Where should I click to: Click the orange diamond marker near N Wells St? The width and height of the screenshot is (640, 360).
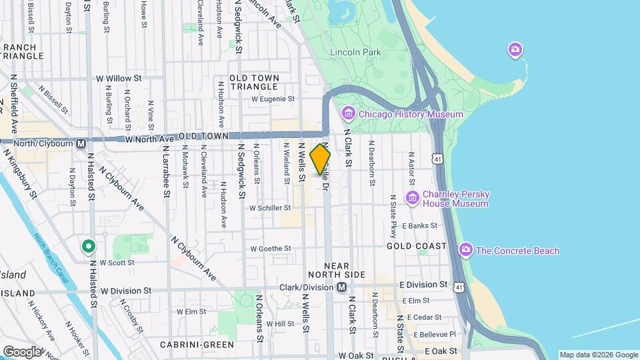(x=321, y=159)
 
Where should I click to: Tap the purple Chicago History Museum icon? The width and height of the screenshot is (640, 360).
(x=348, y=114)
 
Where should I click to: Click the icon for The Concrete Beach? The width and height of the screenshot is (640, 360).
(x=466, y=251)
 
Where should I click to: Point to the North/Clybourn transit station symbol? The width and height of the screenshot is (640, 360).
(x=81, y=143)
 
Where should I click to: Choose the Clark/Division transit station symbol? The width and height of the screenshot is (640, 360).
(x=342, y=287)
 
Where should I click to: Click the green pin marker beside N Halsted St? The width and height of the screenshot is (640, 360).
(x=88, y=247)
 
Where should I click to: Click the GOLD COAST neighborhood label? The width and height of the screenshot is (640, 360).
(x=417, y=246)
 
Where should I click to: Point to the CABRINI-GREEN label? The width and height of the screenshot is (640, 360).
(x=197, y=345)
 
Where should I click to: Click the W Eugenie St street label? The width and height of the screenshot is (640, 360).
(x=273, y=99)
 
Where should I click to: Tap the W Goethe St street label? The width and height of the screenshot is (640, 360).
(x=271, y=249)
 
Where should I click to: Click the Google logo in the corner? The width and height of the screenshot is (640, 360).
(x=22, y=351)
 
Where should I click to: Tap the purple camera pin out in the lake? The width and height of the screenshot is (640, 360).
(x=515, y=49)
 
